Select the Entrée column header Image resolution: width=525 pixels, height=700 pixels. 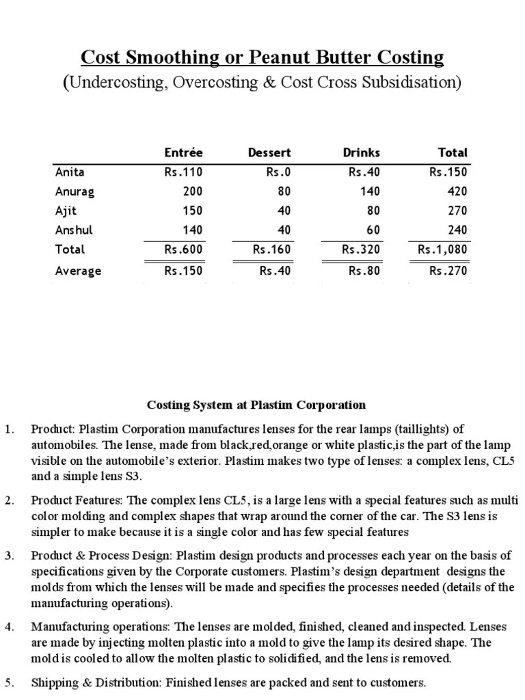(x=183, y=152)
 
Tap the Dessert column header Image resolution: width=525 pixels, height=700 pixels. (x=269, y=152)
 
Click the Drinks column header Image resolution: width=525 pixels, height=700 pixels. (x=361, y=152)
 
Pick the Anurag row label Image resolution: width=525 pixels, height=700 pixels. (x=75, y=191)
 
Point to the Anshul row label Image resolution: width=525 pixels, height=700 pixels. (x=75, y=230)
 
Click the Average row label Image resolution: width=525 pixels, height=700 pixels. (x=78, y=271)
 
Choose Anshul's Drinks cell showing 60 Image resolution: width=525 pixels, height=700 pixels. (x=373, y=230)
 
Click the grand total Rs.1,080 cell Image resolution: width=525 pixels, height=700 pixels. (x=442, y=250)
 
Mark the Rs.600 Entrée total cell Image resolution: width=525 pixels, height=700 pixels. (x=183, y=250)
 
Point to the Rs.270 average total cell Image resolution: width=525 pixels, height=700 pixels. (x=448, y=271)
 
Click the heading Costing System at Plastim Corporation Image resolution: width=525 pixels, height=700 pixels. (x=257, y=405)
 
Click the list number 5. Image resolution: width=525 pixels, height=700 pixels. (x=9, y=682)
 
